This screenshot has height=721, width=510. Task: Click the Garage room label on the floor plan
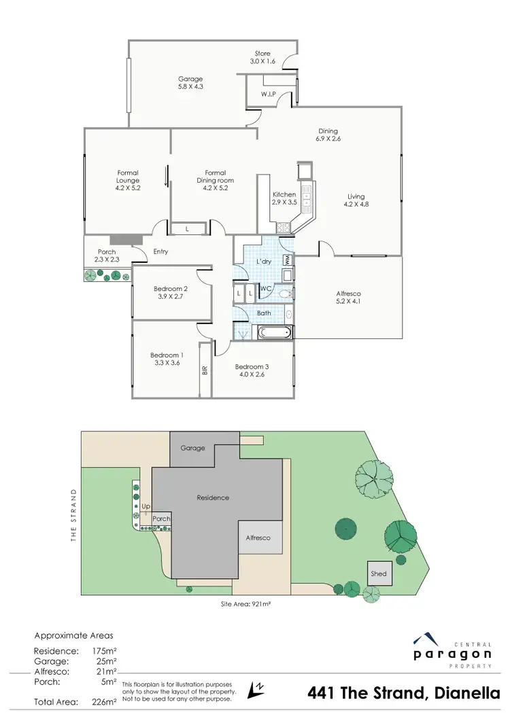(x=191, y=83)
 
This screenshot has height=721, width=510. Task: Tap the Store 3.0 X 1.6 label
(x=262, y=58)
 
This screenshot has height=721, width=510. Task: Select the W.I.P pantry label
(x=267, y=94)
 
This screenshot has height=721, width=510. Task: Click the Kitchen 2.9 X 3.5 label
(x=284, y=198)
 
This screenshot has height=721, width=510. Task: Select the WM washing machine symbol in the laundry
(x=288, y=260)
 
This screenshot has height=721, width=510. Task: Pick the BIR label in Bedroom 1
(x=204, y=370)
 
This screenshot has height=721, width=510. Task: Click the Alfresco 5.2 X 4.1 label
(x=349, y=298)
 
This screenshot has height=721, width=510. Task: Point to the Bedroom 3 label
(x=252, y=371)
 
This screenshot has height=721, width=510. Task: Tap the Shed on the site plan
(x=379, y=574)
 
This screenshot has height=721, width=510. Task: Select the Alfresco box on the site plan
(x=258, y=538)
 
